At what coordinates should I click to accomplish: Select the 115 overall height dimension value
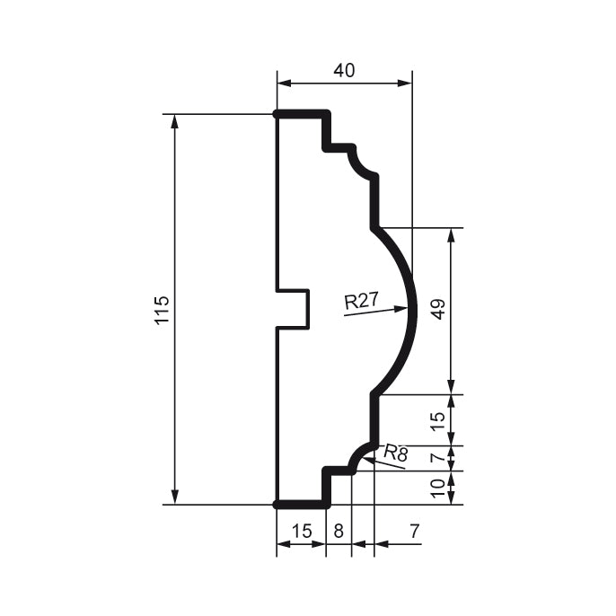tap(162, 310)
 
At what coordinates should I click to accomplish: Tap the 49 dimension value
tap(438, 310)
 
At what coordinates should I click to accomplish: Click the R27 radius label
tap(361, 301)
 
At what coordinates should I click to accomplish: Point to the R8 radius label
tap(395, 454)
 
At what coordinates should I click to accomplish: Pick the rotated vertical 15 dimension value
tap(438, 420)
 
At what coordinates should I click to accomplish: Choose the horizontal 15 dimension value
tap(301, 531)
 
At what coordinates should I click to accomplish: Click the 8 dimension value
tap(339, 531)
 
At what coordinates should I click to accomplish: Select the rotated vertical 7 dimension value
tap(438, 458)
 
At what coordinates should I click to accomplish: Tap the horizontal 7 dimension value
tap(414, 531)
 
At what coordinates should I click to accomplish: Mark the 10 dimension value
tap(438, 488)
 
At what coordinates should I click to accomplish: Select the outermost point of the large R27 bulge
tap(414, 310)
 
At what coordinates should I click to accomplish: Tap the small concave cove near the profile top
tap(362, 163)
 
